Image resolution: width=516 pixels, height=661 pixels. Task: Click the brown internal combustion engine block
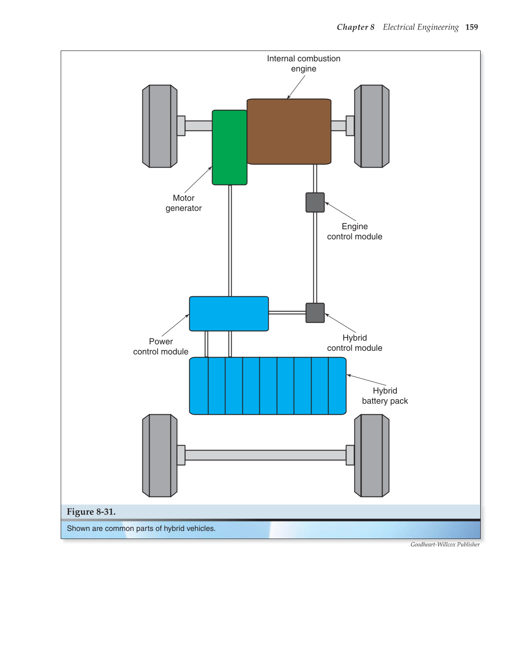pyautogui.click(x=289, y=131)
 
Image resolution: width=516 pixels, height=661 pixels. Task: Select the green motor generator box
pyautogui.click(x=229, y=147)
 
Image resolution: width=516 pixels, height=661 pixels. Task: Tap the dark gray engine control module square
pyautogui.click(x=315, y=202)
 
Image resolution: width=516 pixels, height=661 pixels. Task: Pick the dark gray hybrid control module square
pyautogui.click(x=315, y=313)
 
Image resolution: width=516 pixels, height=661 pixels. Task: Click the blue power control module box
pyautogui.click(x=229, y=314)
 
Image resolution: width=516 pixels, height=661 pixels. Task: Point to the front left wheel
pyautogui.click(x=160, y=126)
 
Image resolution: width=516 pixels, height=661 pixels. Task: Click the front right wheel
pyautogui.click(x=372, y=126)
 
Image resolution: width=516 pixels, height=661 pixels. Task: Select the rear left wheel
pyautogui.click(x=160, y=455)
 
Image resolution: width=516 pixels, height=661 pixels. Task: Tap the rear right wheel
pyautogui.click(x=372, y=455)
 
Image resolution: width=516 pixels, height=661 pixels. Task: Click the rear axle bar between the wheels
pyautogui.click(x=266, y=455)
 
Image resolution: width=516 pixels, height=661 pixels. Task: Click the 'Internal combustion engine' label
pyautogui.click(x=304, y=63)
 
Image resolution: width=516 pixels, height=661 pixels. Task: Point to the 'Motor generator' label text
pyautogui.click(x=183, y=203)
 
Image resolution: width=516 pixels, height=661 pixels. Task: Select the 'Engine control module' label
pyautogui.click(x=354, y=232)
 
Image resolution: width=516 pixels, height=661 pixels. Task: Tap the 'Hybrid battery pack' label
pyautogui.click(x=385, y=396)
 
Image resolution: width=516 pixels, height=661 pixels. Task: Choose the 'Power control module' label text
pyautogui.click(x=161, y=346)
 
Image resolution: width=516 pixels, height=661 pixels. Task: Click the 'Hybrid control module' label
pyautogui.click(x=354, y=343)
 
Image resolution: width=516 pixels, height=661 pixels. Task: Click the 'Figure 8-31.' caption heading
pyautogui.click(x=91, y=512)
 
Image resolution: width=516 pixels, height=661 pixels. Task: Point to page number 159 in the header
pyautogui.click(x=471, y=27)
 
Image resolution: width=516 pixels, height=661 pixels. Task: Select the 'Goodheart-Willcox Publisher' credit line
pyautogui.click(x=445, y=544)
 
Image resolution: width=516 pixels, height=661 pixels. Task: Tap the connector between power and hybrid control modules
pyautogui.click(x=287, y=313)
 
